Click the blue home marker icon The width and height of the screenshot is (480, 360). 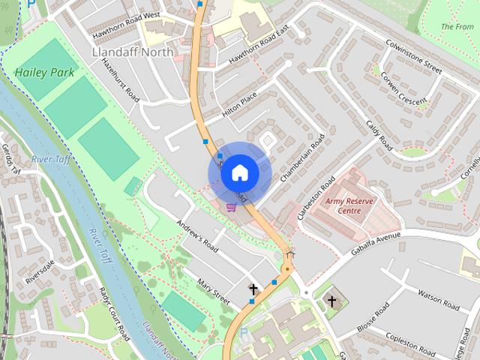pos(239,172)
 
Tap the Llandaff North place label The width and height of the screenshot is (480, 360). pos(131,52)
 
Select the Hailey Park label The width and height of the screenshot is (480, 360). pos(43,73)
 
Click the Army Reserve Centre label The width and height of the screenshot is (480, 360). pos(343,205)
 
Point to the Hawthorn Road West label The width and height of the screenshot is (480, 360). pos(126,25)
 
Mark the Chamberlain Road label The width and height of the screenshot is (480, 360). pos(301,158)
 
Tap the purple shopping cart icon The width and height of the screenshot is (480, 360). pos(232,207)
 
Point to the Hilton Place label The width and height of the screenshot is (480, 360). pos(240,105)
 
